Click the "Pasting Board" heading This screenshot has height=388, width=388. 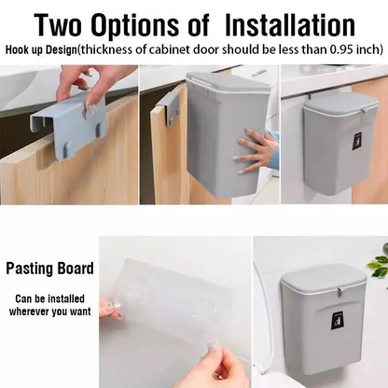tap(50, 269)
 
